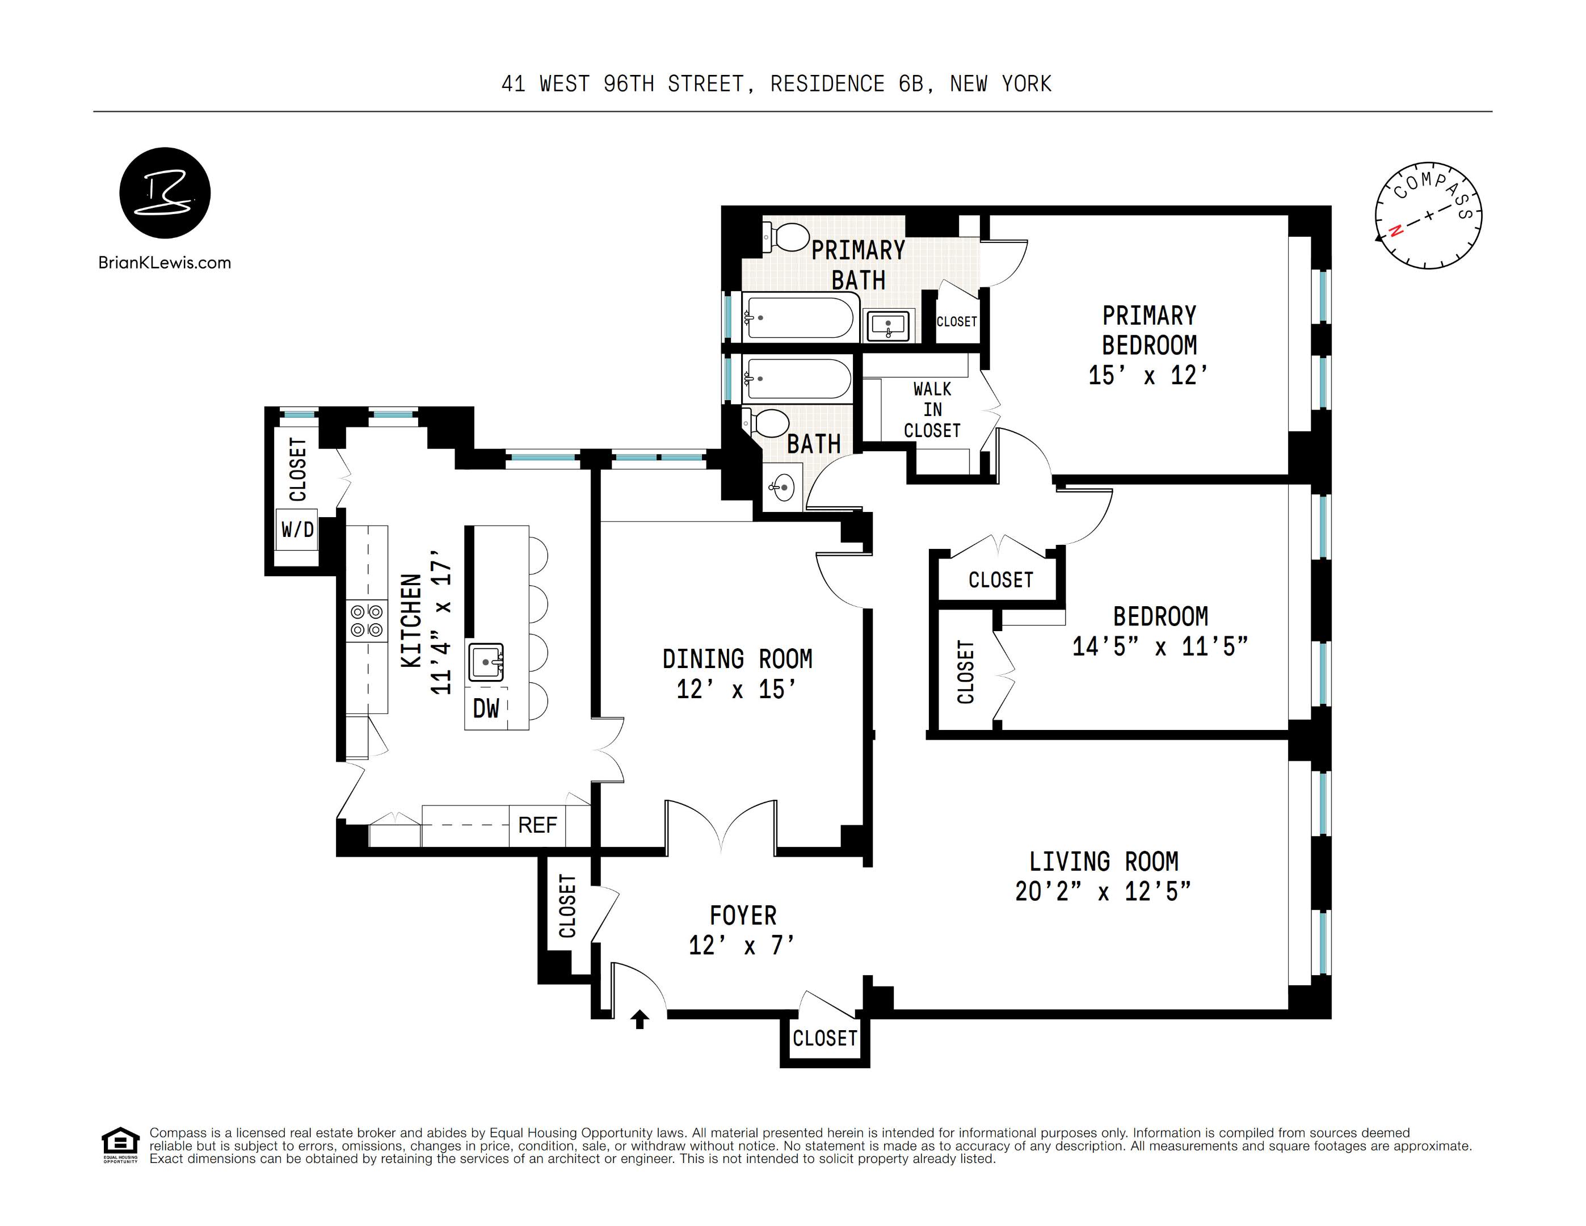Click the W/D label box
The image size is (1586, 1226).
(x=298, y=530)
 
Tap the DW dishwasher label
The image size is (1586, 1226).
(x=486, y=708)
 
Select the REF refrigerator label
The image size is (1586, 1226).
(x=537, y=825)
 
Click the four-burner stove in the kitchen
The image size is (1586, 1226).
(x=367, y=621)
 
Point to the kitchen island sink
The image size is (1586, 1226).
(x=486, y=662)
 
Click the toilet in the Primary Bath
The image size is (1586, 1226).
(x=786, y=237)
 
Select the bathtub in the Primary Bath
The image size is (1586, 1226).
(x=798, y=317)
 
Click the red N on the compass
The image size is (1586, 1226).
(x=1394, y=232)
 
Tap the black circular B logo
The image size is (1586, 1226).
(x=165, y=193)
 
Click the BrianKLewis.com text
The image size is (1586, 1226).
(x=165, y=263)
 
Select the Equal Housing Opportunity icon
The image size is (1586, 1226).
(x=120, y=1145)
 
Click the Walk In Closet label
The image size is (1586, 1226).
(x=932, y=410)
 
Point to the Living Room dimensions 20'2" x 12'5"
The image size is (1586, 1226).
(x=1103, y=891)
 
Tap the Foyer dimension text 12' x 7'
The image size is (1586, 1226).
(x=742, y=945)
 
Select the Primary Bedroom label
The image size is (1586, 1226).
(x=1150, y=330)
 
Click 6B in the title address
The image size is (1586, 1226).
(x=911, y=84)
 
